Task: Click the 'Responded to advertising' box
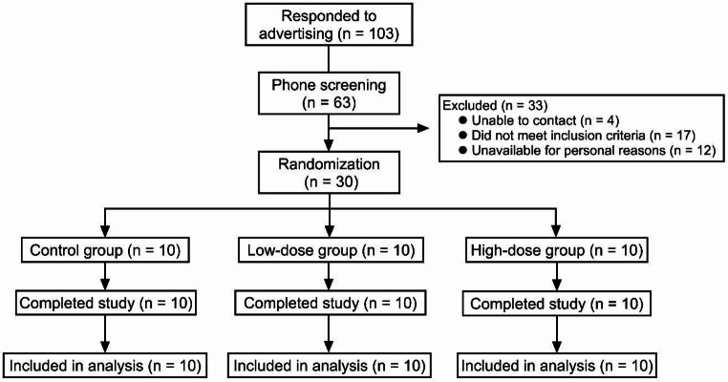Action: click(329, 25)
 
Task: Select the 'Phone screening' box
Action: click(329, 94)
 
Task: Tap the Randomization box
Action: click(329, 172)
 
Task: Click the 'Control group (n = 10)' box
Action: click(105, 250)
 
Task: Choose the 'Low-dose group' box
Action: click(331, 250)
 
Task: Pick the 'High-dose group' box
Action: click(557, 250)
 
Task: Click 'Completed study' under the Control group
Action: click(106, 304)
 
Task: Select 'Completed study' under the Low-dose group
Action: click(331, 304)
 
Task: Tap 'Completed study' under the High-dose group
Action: click(557, 304)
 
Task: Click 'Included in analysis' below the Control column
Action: click(105, 366)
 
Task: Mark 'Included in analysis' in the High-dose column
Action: click(557, 366)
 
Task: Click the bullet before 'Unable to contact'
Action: click(462, 120)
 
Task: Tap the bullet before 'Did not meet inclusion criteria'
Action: click(462, 136)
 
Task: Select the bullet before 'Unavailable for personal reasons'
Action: click(462, 150)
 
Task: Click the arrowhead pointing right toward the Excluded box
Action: click(422, 128)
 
